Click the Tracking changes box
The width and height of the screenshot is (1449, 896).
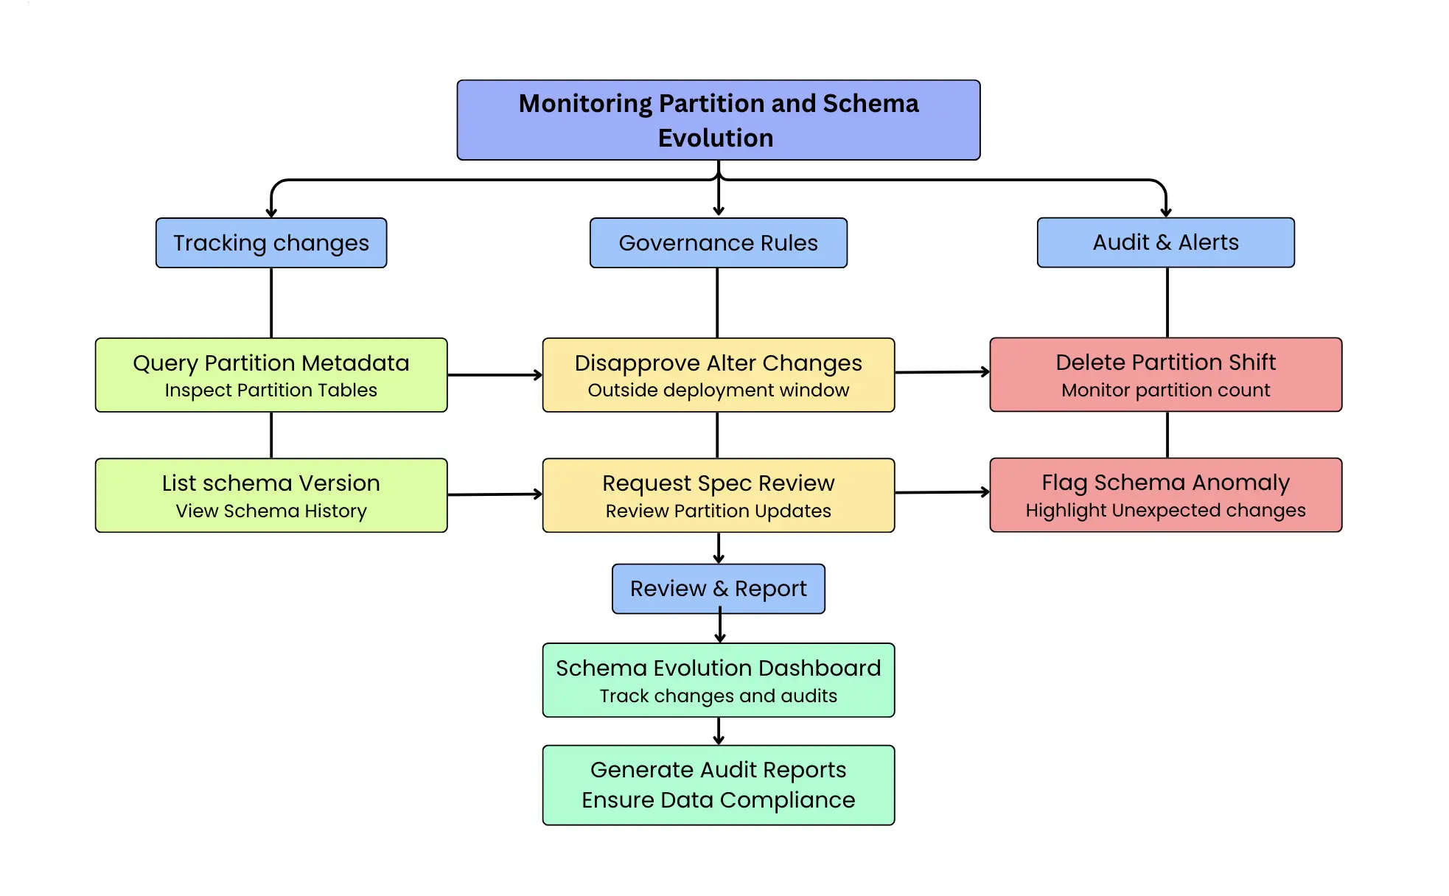(271, 242)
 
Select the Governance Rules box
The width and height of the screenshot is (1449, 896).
(718, 242)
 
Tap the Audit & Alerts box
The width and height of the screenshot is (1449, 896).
(1165, 242)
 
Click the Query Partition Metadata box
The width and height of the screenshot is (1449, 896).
(271, 374)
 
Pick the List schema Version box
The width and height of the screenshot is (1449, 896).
(271, 495)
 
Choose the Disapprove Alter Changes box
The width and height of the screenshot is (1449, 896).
(718, 374)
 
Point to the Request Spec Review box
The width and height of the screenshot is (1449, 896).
(718, 495)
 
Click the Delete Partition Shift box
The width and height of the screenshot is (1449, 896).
(1165, 374)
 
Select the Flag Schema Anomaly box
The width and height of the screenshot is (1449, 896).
(1165, 494)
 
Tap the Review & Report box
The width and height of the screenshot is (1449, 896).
(718, 588)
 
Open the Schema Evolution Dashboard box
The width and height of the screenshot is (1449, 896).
(718, 679)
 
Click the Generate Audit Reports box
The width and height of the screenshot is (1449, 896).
(718, 785)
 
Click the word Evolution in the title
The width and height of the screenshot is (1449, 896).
(716, 138)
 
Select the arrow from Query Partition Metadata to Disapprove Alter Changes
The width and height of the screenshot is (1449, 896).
(495, 375)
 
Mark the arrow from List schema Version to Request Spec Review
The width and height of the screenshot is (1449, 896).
(495, 494)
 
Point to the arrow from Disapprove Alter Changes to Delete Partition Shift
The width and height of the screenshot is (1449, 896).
(942, 372)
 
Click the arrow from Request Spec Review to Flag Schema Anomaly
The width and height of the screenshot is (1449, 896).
(942, 492)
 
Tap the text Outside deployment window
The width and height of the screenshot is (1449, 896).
(718, 390)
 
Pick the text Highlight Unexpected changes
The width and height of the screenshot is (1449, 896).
(1165, 510)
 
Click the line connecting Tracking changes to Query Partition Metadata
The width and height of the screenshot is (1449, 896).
(271, 302)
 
